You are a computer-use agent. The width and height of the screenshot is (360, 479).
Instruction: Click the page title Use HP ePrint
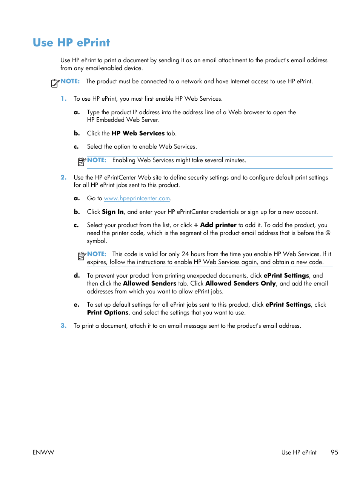point(71,43)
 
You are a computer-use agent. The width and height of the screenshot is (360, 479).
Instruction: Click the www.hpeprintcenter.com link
point(137,198)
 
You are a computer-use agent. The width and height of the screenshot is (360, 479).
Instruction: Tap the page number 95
point(334,452)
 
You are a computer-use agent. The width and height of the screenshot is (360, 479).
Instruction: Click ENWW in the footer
point(43,452)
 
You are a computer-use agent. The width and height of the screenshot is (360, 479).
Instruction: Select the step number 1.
point(63,99)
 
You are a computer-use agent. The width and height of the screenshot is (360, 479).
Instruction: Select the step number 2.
point(63,178)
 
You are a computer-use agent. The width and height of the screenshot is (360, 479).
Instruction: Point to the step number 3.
point(63,326)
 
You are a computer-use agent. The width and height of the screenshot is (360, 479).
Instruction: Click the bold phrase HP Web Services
point(138,134)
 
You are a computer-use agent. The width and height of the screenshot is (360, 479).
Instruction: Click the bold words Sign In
point(113,212)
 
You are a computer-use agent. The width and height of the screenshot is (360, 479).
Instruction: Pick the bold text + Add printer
point(215,225)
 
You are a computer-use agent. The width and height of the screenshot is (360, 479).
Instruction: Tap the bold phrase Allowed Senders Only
point(240,284)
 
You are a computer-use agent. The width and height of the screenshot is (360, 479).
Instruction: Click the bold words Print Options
point(108,313)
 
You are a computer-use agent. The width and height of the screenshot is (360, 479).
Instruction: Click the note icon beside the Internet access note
point(55,83)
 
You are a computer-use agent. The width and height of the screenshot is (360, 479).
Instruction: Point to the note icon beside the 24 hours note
point(82,256)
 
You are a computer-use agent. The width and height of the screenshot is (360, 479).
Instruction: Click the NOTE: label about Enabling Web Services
point(97,160)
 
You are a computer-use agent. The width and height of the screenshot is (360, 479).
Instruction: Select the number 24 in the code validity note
point(185,254)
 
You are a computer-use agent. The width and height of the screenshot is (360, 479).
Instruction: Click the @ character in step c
point(328,233)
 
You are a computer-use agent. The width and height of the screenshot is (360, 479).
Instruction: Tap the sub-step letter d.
point(77,276)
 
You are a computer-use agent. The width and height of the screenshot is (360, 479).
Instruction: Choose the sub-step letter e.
point(77,305)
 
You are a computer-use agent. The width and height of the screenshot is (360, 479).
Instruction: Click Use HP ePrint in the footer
point(299,452)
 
